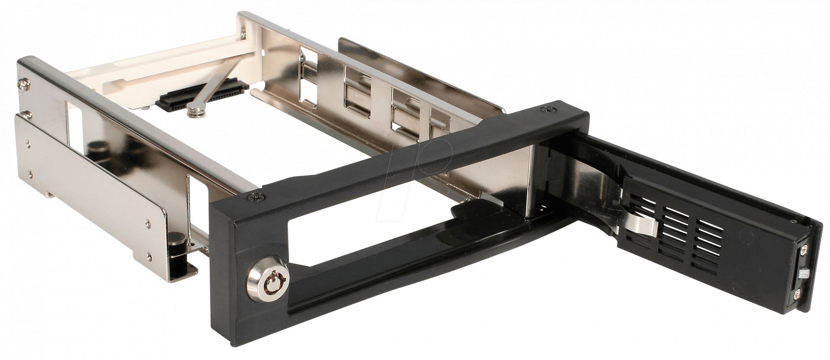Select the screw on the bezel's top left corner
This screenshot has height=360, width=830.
point(259,197)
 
